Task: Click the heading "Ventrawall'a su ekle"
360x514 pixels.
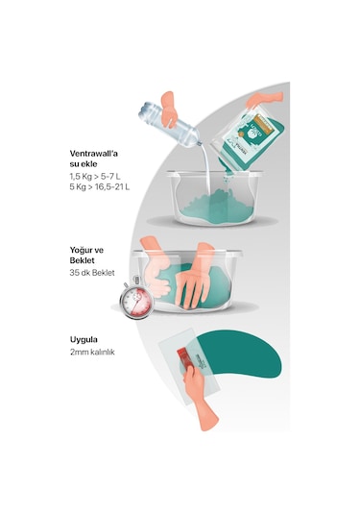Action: click(94, 159)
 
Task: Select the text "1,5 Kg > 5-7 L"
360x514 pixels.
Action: click(95, 177)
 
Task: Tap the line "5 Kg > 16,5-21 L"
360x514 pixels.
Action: click(100, 187)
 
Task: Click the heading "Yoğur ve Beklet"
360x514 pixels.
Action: click(86, 255)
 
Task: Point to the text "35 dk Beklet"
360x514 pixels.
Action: click(92, 273)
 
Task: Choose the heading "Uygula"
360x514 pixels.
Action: click(84, 340)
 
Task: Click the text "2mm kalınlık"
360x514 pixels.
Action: click(92, 353)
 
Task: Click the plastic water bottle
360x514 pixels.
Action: click(169, 125)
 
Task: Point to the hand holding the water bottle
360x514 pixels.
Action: click(169, 110)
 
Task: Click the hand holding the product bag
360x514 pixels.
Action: click(264, 99)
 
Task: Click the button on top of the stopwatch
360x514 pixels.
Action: click(136, 280)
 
